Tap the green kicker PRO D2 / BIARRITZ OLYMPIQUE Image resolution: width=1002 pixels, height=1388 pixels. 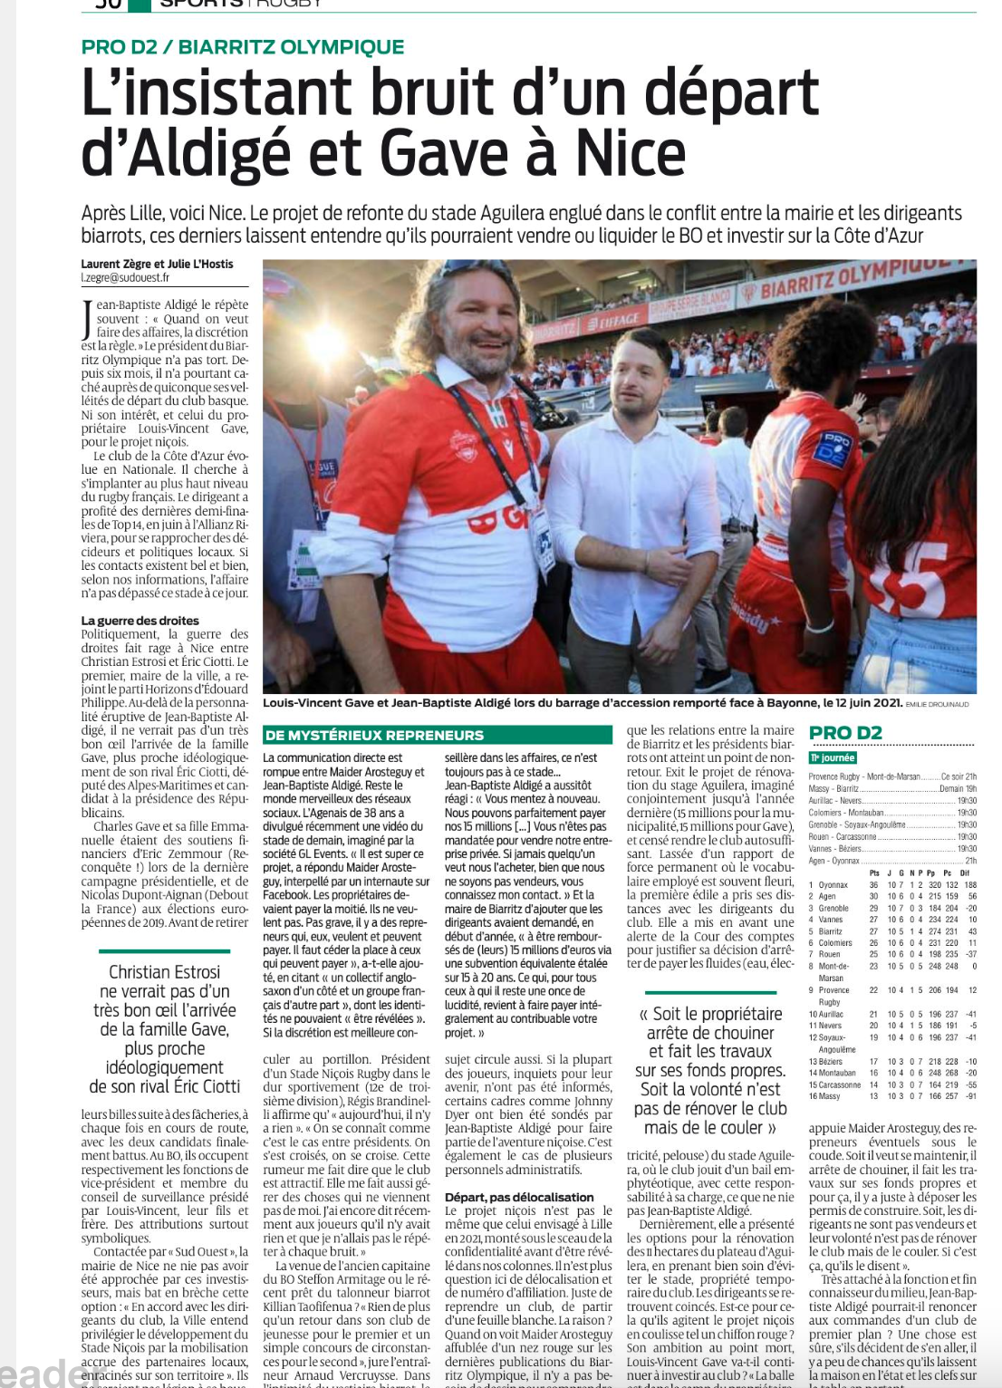point(243,47)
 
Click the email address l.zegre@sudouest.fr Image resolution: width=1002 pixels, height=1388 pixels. point(125,278)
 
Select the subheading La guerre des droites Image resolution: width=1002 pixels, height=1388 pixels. point(140,621)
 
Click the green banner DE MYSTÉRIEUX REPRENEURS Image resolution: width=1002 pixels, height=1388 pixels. point(374,735)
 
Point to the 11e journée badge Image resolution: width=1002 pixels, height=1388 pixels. point(832,757)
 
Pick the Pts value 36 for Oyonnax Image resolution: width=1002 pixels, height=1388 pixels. point(874,884)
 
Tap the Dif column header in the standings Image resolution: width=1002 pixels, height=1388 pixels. point(966,872)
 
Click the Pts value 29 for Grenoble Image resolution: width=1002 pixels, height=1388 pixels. point(874,908)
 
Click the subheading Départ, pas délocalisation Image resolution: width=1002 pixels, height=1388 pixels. point(519,1197)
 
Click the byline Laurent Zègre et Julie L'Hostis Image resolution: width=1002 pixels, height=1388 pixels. point(157,265)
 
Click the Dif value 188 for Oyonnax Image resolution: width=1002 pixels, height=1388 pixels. point(969,884)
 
